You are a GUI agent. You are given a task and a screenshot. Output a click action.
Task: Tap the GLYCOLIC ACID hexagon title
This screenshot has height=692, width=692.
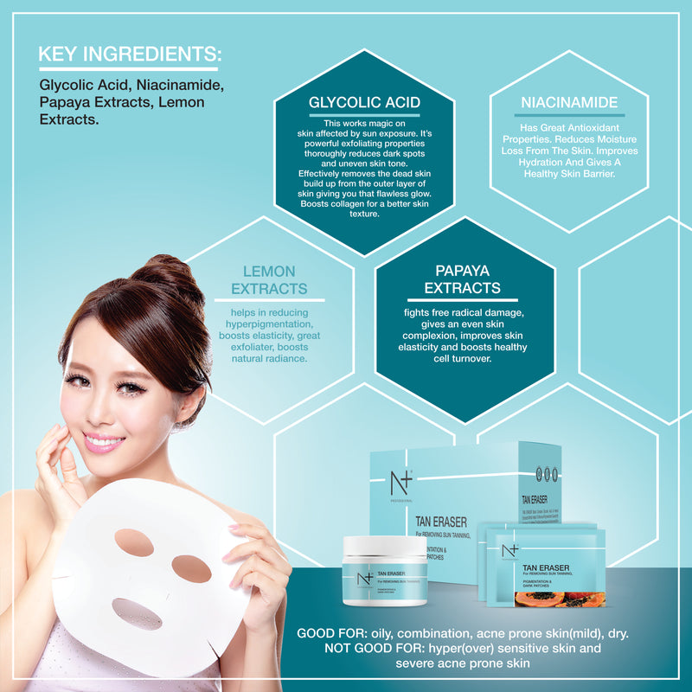[364, 103]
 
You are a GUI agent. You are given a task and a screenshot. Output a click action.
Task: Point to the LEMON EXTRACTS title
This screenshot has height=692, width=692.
[269, 279]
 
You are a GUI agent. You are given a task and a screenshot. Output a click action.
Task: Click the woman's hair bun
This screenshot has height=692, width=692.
[165, 274]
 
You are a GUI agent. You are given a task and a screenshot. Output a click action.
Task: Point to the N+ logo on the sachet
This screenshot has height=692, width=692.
[509, 550]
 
